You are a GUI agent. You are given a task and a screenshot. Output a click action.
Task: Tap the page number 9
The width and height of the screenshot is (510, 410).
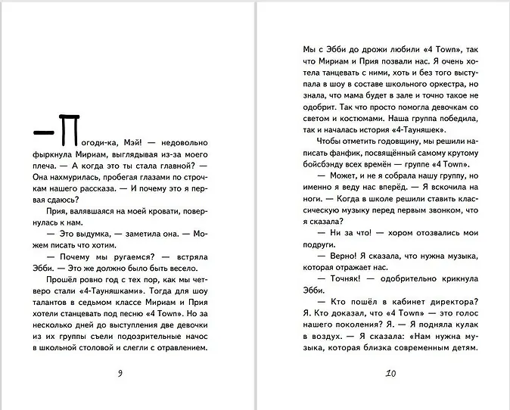click(x=121, y=373)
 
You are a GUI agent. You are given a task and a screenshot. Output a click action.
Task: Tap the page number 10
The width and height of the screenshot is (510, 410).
click(x=390, y=373)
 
